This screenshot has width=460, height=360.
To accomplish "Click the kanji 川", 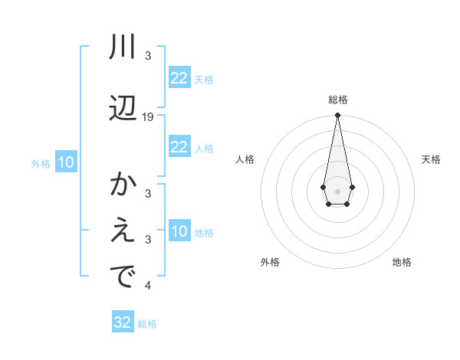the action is coord(123,47).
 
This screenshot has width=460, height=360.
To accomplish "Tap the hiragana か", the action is coord(123,185).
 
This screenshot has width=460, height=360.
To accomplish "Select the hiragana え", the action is coord(123,232).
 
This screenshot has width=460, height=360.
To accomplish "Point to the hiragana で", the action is coord(123,277).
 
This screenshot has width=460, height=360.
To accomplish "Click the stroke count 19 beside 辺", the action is coord(148,117).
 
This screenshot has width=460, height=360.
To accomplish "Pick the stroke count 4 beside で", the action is coord(148,286).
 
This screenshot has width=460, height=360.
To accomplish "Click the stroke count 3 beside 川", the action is coord(148,56).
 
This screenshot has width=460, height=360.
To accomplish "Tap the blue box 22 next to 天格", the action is coord(179,77).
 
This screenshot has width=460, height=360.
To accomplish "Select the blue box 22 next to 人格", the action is coord(179,147).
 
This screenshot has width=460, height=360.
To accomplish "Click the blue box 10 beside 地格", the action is coord(179,231).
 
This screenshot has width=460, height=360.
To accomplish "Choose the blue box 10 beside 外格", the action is coord(65,162).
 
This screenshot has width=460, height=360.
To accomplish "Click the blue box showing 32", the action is coord(123,322).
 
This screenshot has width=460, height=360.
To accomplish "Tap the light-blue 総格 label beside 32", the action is coord(147,324).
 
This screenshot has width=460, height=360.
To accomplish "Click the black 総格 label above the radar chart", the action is coord(337,100).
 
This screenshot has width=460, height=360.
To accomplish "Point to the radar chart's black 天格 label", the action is coord(431,159).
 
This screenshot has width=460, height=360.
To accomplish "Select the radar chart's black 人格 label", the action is coord(245,159).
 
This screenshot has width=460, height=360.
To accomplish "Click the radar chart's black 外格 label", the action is coord(270,262).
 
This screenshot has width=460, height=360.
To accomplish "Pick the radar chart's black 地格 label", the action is coord(402,262).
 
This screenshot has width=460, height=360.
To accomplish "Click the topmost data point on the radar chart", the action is coord(337,116).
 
